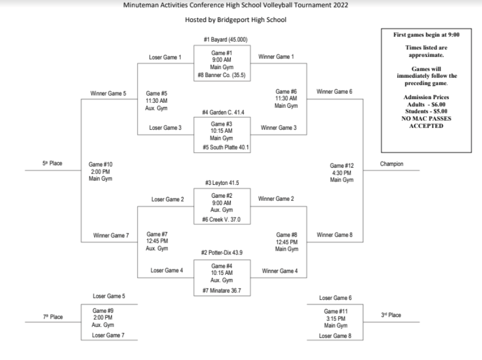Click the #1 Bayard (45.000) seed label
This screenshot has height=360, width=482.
(x=225, y=40)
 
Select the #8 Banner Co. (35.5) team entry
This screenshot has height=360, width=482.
(x=221, y=76)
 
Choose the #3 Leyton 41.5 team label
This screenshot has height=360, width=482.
(x=222, y=183)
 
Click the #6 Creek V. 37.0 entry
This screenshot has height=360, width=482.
(x=222, y=219)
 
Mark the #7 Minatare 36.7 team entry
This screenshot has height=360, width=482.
(x=221, y=291)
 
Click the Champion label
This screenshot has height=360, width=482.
(x=391, y=164)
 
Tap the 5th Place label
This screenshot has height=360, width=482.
(x=52, y=163)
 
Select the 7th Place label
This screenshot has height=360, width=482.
(x=52, y=317)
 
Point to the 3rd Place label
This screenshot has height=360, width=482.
(x=391, y=315)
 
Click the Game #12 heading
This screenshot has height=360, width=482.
(x=342, y=166)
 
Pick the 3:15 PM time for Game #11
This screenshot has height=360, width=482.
(x=336, y=318)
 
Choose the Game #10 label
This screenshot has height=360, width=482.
(x=101, y=164)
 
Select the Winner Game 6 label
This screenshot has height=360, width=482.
(x=335, y=92)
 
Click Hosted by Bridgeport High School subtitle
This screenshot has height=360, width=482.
(x=236, y=20)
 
